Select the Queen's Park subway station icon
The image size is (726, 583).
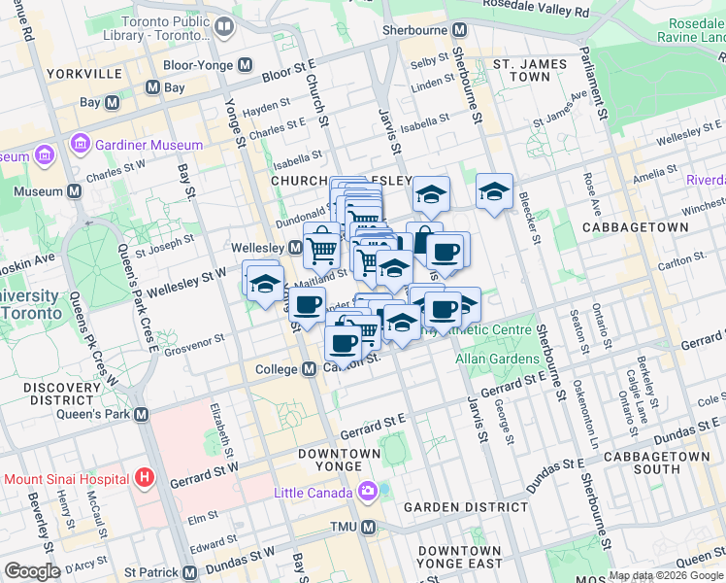click(142, 415)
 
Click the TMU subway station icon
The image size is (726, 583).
click(368, 527)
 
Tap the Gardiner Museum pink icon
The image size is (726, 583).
click(80, 145)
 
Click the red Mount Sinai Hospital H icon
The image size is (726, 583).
click(145, 478)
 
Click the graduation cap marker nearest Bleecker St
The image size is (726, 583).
click(494, 191)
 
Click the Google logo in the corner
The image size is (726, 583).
click(32, 571)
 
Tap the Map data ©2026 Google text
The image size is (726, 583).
click(667, 575)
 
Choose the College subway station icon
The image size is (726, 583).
click(309, 369)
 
